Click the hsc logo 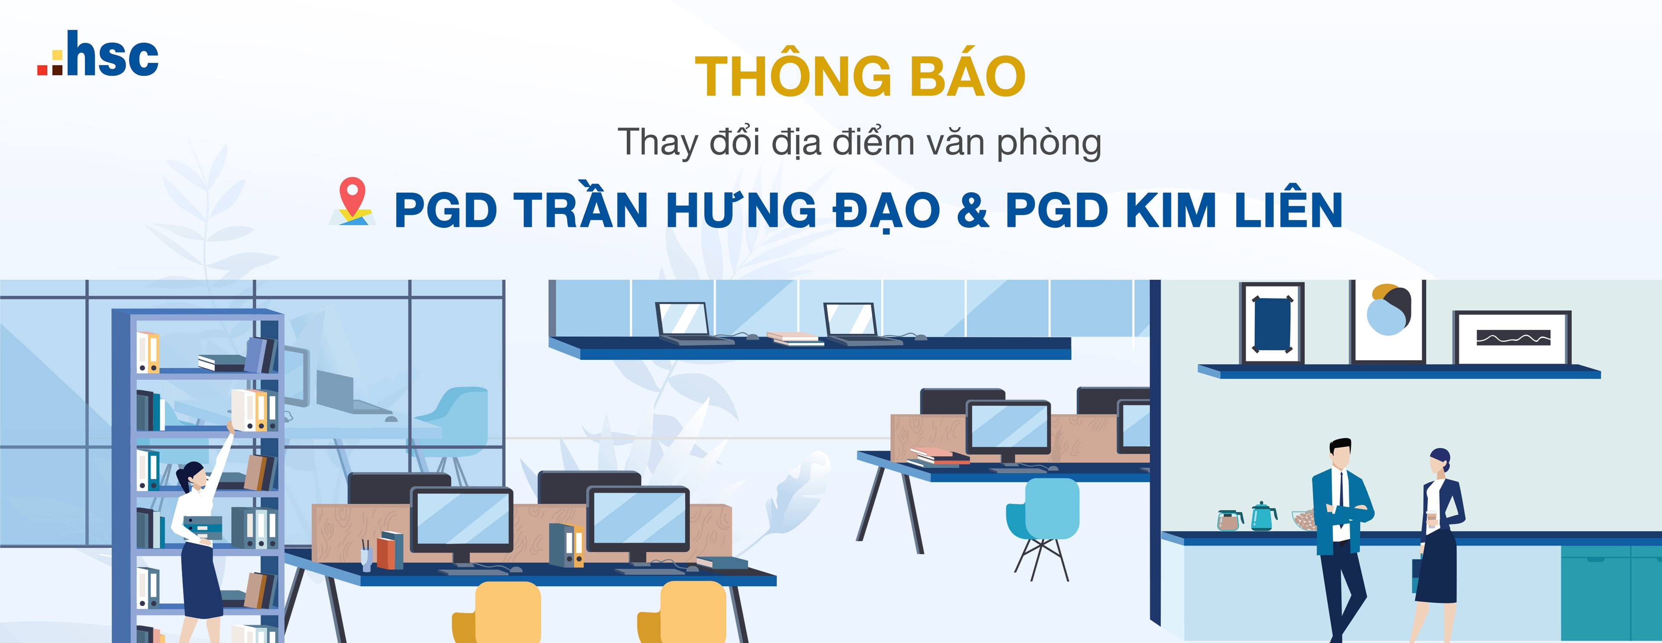pyautogui.click(x=98, y=54)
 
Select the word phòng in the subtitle pyautogui.click(x=1048, y=143)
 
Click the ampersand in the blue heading pyautogui.click(x=973, y=210)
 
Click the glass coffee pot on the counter pyautogui.click(x=1229, y=519)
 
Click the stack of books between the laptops pyautogui.click(x=795, y=338)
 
